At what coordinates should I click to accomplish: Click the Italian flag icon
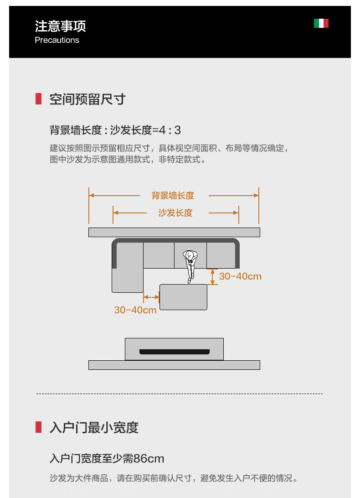(321, 23)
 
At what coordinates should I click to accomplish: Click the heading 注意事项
(60, 26)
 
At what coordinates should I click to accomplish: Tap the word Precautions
(57, 40)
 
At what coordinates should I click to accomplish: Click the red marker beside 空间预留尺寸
(39, 99)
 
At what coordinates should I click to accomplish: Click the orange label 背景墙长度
(173, 196)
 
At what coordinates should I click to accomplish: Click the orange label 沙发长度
(175, 213)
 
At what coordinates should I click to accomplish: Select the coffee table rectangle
(183, 297)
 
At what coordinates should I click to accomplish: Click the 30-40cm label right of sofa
(240, 276)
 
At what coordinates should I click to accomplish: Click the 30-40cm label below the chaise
(135, 310)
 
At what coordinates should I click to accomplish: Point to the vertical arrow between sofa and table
(212, 276)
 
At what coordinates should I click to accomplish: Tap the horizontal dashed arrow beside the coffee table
(151, 297)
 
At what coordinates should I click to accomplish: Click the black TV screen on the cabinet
(174, 352)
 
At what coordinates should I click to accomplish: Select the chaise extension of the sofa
(128, 280)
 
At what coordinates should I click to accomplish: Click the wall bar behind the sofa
(174, 232)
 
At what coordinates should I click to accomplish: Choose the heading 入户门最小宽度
(94, 428)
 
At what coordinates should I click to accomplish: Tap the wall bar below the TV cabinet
(174, 365)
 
